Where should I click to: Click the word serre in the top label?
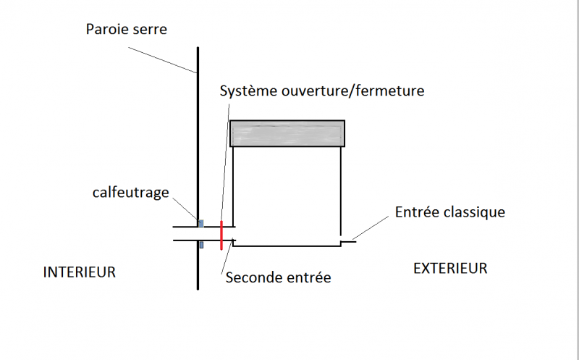pos(150,30)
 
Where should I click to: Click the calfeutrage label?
pos(130,192)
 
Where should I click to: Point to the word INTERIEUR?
pos(80,272)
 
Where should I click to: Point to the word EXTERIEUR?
pos(450,269)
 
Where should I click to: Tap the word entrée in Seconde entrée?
pos(307,277)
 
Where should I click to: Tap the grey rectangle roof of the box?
pos(287,134)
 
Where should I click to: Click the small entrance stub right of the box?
pos(348,240)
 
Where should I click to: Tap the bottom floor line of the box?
pos(287,246)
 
